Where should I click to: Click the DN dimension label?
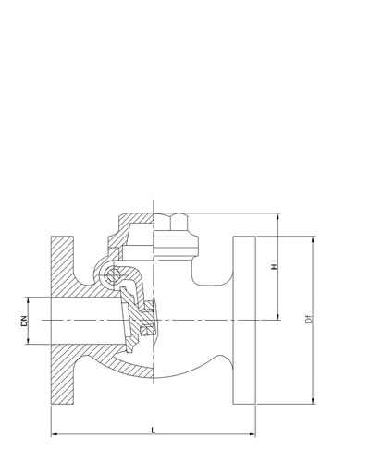(x=24, y=321)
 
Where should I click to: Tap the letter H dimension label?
(x=274, y=266)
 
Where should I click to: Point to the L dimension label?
(x=154, y=430)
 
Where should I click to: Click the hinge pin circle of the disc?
(x=112, y=275)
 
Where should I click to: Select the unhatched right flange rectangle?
(x=244, y=320)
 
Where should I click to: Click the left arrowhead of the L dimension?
(x=55, y=434)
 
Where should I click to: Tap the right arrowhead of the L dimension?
(x=253, y=434)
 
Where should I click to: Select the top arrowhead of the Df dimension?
(x=314, y=240)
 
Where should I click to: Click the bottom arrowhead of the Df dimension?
(x=314, y=400)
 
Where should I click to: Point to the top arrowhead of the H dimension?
(x=278, y=216)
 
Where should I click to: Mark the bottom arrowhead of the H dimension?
(x=278, y=317)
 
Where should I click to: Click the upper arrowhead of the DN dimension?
(x=28, y=300)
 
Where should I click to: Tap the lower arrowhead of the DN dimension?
(x=28, y=340)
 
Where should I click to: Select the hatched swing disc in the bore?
(x=131, y=321)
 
